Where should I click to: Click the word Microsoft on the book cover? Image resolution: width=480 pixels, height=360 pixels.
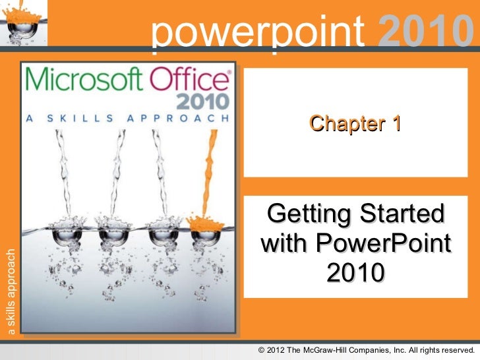click(x=83, y=82)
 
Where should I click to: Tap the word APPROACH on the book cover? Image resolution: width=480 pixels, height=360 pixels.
click(x=185, y=120)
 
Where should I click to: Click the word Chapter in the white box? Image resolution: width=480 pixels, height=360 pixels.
click(x=345, y=123)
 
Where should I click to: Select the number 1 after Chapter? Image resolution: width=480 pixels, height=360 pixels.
click(x=395, y=123)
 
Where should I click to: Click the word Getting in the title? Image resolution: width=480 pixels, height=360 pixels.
click(x=308, y=214)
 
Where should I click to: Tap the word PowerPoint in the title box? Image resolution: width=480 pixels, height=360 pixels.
click(x=384, y=243)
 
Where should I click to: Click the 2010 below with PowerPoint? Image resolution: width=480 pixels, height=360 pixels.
click(x=355, y=272)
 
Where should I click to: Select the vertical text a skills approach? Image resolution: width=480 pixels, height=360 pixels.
click(x=9, y=291)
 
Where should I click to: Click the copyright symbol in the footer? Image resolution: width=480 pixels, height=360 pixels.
click(x=262, y=349)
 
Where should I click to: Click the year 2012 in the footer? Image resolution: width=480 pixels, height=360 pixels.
click(x=278, y=349)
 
